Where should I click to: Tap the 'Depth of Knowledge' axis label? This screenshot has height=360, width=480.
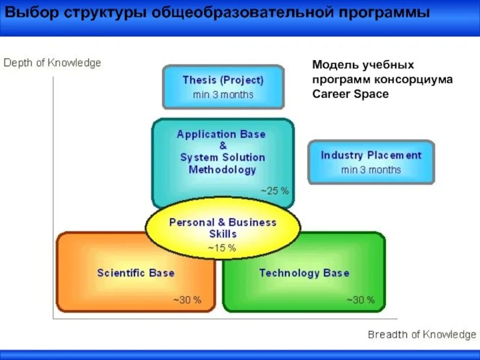pyautogui.click(x=53, y=62)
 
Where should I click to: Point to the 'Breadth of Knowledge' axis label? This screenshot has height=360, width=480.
pyautogui.click(x=422, y=334)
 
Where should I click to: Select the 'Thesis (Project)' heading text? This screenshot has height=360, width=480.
pyautogui.click(x=223, y=80)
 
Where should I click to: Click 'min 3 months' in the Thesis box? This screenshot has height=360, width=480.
pyautogui.click(x=223, y=95)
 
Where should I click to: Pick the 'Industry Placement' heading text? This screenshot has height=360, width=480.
pyautogui.click(x=371, y=155)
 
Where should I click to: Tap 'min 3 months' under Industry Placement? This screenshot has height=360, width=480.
pyautogui.click(x=371, y=170)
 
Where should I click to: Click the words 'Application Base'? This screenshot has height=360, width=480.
pyautogui.click(x=221, y=134)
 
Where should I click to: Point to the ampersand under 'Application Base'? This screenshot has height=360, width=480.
pyautogui.click(x=223, y=146)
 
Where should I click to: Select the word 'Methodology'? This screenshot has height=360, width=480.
pyautogui.click(x=223, y=170)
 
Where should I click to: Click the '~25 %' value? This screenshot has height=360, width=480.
pyautogui.click(x=274, y=191)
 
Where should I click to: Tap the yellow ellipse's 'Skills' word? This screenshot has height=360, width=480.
pyautogui.click(x=223, y=234)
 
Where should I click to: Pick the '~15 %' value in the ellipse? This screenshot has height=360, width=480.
pyautogui.click(x=222, y=247)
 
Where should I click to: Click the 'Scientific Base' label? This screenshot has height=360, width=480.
pyautogui.click(x=136, y=274)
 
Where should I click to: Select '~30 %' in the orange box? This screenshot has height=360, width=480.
pyautogui.click(x=187, y=300)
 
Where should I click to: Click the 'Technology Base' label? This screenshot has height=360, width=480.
pyautogui.click(x=304, y=274)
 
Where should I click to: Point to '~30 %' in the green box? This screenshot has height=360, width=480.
pyautogui.click(x=361, y=300)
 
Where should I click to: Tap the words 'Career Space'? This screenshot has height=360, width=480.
pyautogui.click(x=350, y=94)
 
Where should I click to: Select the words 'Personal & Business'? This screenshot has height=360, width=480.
pyautogui.click(x=223, y=223)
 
